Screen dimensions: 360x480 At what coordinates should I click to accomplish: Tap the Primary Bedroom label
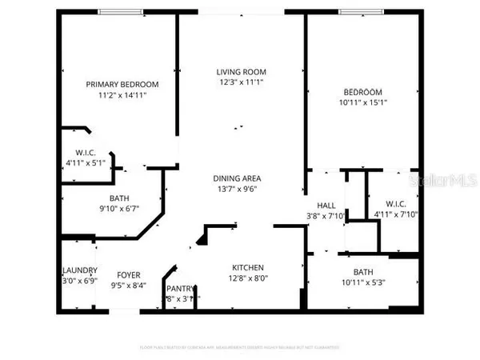pos(122,84)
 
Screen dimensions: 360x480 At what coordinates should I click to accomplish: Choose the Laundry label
pos(80,270)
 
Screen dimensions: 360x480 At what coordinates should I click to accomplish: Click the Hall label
pos(326,204)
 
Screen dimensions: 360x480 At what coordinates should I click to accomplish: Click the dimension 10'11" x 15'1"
pos(364,102)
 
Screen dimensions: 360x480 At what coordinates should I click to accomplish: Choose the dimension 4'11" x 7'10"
pos(395,214)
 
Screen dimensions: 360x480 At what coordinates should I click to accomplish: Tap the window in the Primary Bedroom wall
pos(122,11)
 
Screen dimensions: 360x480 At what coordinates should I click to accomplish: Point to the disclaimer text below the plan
pos(240,347)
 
